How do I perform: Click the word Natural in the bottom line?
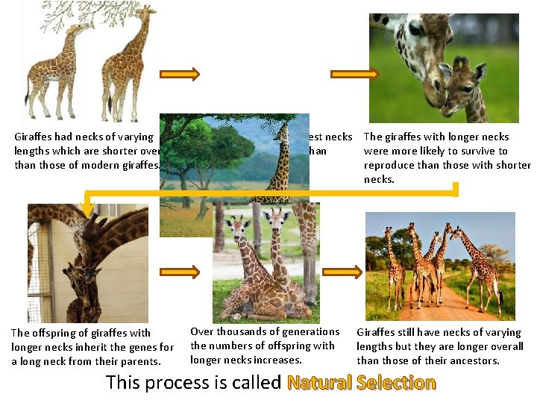(x=319, y=383)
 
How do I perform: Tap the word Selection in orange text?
(x=396, y=383)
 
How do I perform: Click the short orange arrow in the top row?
(x=180, y=74)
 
